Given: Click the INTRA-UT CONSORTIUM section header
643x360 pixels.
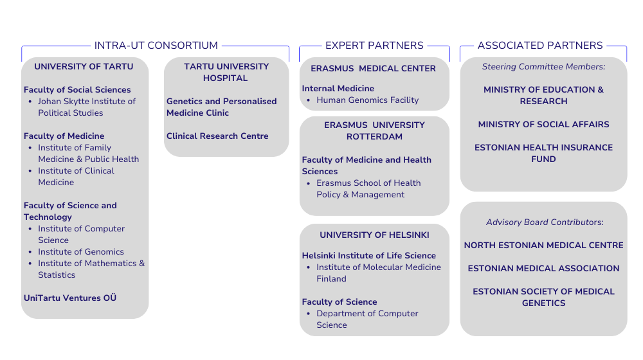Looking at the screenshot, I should [x=156, y=46].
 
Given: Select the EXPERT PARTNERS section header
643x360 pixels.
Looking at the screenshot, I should [x=374, y=46].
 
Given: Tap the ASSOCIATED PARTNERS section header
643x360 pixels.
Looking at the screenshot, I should [x=540, y=46].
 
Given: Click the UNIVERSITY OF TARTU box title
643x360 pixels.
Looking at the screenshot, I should [x=84, y=67].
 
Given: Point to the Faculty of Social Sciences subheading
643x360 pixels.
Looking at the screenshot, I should [x=77, y=90].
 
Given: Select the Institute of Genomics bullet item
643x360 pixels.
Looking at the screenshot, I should [x=81, y=252].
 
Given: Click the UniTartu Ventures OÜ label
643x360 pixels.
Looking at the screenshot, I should [x=70, y=298].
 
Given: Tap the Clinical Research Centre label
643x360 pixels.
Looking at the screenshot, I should [x=217, y=136].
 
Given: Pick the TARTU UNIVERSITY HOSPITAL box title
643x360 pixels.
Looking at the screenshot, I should [x=226, y=72].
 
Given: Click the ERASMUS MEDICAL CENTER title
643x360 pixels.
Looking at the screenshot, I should [x=373, y=69].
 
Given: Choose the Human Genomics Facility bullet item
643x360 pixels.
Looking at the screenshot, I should [x=367, y=100].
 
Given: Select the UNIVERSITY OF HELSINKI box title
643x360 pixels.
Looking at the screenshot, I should [x=374, y=235].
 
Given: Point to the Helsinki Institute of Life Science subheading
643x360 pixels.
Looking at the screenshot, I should [x=368, y=256].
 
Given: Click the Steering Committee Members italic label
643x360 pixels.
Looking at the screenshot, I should [x=543, y=67].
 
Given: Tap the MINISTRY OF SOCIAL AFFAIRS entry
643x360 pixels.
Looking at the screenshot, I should [x=543, y=125].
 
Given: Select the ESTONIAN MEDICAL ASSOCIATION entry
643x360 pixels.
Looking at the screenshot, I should [x=543, y=269].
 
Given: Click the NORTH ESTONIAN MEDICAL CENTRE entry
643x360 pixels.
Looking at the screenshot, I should [x=543, y=246].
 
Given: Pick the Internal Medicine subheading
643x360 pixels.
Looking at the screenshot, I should [x=338, y=89].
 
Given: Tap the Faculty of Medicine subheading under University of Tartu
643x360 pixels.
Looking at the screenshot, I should [x=64, y=136].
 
